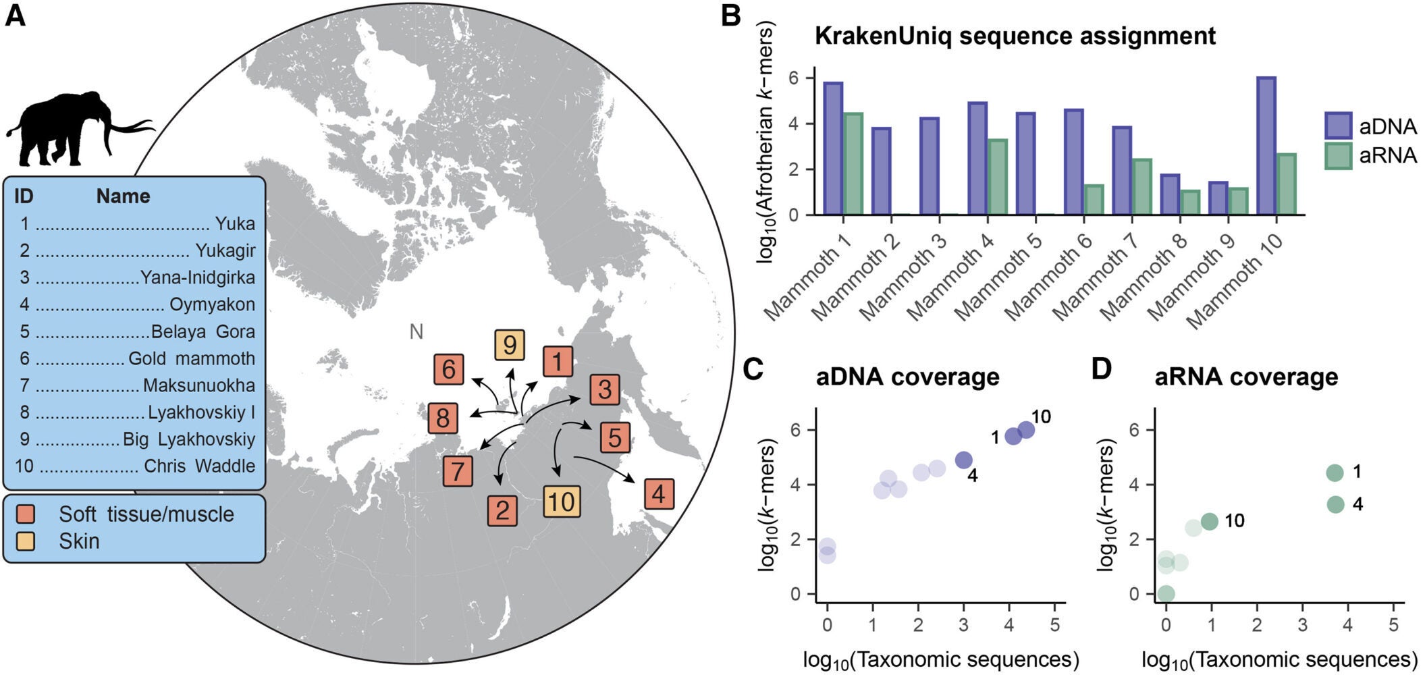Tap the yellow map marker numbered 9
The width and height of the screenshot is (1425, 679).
pos(509,345)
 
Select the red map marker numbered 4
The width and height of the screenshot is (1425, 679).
pos(658,494)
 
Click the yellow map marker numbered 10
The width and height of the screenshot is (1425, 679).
pos(562,502)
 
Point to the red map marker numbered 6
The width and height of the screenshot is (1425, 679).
pos(448,369)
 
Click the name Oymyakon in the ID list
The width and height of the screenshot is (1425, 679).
pos(212,304)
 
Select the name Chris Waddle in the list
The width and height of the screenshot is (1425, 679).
pos(199,466)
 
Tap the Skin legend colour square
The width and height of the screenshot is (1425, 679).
pos(26,541)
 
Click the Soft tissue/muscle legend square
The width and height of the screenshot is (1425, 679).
pos(26,514)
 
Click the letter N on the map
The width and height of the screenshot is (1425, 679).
pos(416,331)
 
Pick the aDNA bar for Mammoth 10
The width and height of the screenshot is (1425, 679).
pos(1266,146)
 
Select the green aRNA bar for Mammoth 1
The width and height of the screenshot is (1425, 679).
pos(853,164)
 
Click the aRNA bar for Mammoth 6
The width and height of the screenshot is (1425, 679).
pos(1093,200)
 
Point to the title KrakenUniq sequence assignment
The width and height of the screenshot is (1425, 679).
pos(1014,36)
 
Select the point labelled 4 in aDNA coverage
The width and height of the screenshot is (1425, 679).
pos(964,460)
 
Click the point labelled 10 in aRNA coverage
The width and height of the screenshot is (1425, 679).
pos(1209,521)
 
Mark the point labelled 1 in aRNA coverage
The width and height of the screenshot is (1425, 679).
pos(1334,472)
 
